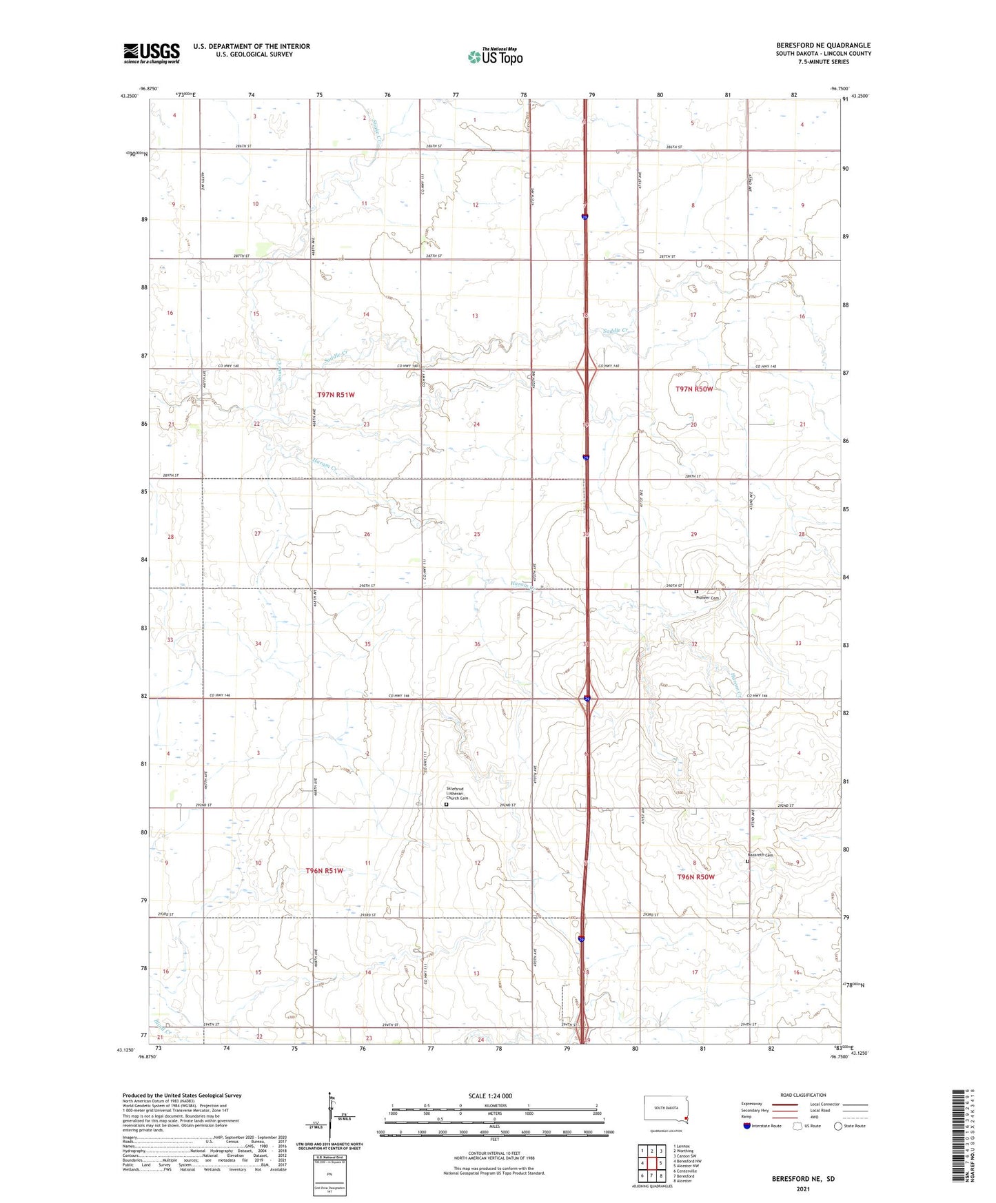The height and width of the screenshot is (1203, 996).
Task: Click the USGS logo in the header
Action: [151, 53]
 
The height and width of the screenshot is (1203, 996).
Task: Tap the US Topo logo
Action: [495, 56]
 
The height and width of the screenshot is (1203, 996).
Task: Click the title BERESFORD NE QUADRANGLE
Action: [823, 45]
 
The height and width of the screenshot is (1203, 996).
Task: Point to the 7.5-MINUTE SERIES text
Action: [823, 62]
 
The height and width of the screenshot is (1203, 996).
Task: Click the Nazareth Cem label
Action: [760, 855]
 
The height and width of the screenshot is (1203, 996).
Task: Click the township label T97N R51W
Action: [336, 395]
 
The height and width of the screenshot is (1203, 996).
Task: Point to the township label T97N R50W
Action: [694, 389]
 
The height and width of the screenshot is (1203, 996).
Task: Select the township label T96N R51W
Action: [325, 871]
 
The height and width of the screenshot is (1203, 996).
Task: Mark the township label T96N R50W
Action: [695, 877]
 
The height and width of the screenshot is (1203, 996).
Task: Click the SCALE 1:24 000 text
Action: [490, 1096]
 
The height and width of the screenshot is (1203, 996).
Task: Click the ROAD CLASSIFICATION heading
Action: [803, 1095]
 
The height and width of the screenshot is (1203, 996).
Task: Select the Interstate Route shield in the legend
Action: [747, 1126]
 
